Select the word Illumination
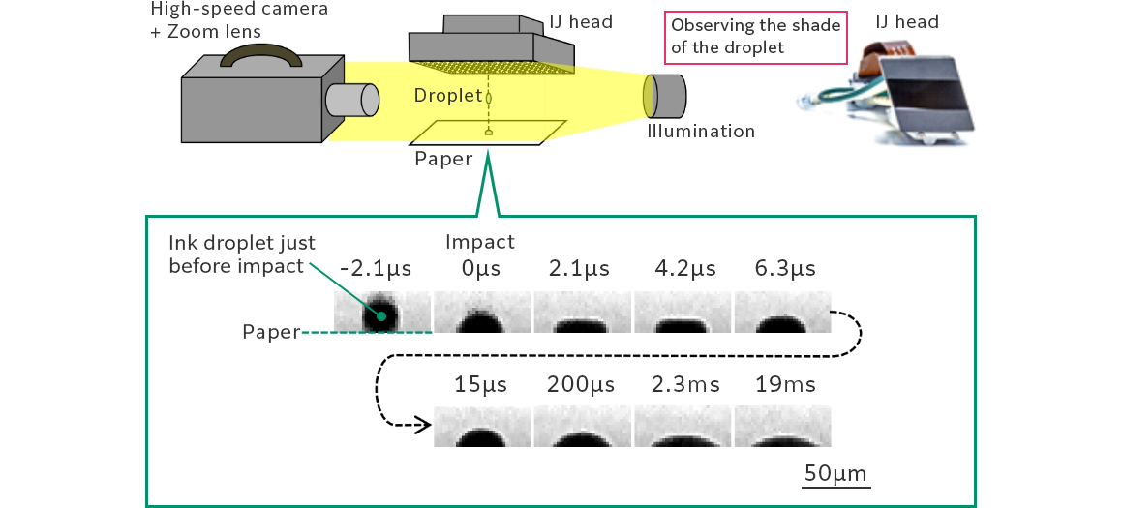(700, 132)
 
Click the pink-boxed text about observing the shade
(756, 36)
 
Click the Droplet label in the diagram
(447, 95)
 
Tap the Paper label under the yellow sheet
(443, 159)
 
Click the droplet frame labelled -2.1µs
(381, 313)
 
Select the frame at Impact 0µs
(481, 313)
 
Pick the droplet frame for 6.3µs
(782, 313)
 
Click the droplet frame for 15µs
(481, 427)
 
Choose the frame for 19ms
(782, 427)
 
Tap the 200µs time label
(582, 384)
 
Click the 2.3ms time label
(683, 384)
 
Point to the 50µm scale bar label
(835, 473)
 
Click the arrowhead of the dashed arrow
(423, 425)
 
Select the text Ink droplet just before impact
(242, 253)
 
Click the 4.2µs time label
(683, 268)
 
